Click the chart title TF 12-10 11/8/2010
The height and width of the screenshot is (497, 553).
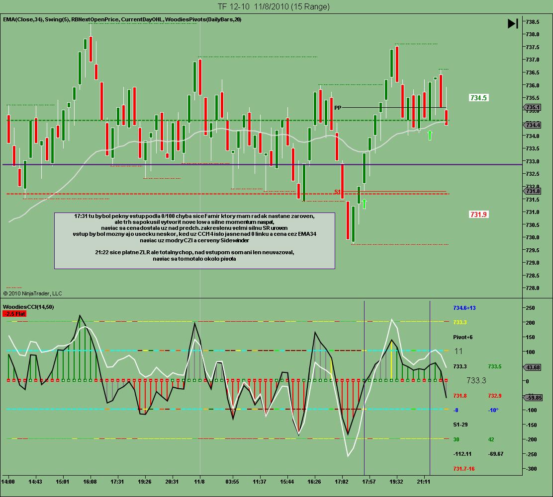click(x=273, y=6)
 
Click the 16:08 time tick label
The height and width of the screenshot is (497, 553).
click(x=90, y=482)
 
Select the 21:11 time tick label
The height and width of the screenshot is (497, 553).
click(x=424, y=482)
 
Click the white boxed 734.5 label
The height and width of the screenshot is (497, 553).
click(x=478, y=98)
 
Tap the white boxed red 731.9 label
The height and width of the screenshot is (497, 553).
click(x=478, y=214)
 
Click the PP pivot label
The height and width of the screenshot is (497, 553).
click(x=338, y=108)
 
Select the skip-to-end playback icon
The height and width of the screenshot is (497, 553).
click(x=513, y=23)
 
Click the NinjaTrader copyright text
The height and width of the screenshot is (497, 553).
click(x=33, y=293)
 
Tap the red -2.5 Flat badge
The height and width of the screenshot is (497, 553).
click(x=14, y=314)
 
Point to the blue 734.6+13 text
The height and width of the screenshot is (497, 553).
click(x=464, y=308)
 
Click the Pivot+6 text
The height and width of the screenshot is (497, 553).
click(x=463, y=337)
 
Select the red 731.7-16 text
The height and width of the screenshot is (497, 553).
click(x=464, y=469)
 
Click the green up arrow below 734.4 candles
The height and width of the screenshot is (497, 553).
click(x=430, y=135)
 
